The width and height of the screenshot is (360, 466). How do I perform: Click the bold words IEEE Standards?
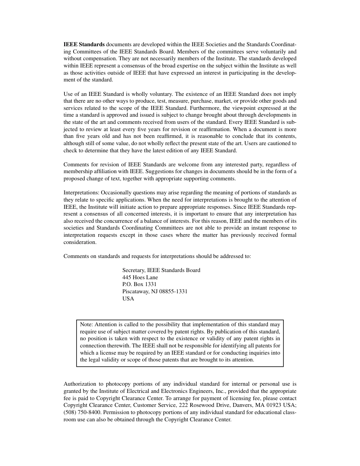(84, 44)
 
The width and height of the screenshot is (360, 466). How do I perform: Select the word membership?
(77, 172)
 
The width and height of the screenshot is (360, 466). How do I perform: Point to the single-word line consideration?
(80, 242)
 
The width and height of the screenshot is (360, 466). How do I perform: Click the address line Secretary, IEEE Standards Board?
(161, 270)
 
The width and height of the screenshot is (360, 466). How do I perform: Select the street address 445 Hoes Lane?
(140, 277)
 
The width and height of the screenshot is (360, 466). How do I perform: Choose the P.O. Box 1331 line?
(139, 284)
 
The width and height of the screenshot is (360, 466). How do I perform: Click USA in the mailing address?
(128, 299)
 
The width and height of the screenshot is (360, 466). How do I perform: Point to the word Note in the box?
(86, 324)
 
